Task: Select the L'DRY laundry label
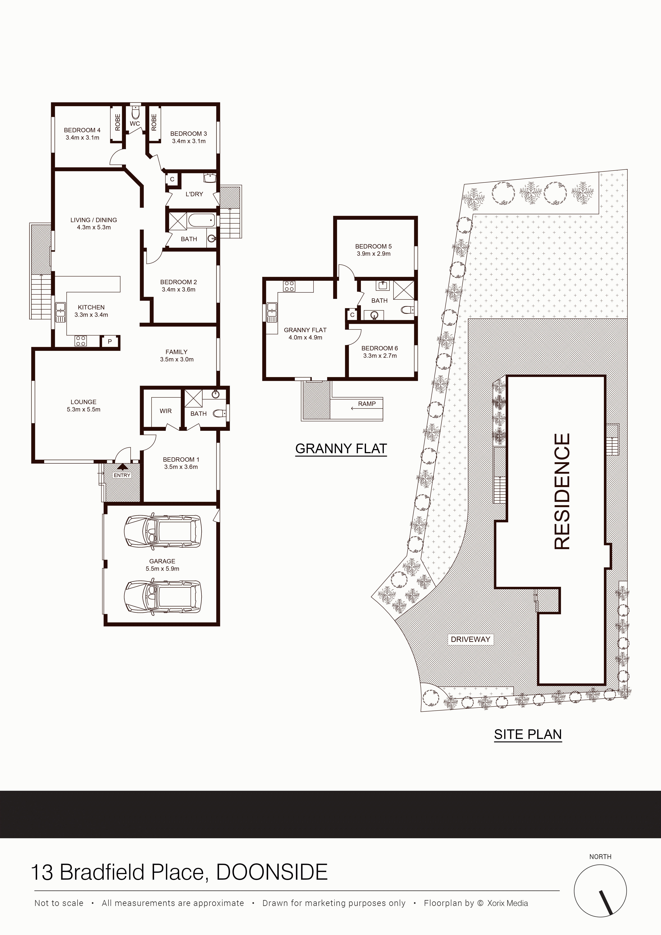click(194, 194)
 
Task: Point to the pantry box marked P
click(110, 342)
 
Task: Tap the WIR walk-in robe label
click(166, 411)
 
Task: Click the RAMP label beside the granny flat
click(367, 404)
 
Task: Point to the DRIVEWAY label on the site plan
click(470, 639)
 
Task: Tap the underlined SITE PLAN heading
click(528, 734)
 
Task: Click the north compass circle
click(600, 891)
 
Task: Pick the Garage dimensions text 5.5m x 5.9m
click(163, 568)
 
